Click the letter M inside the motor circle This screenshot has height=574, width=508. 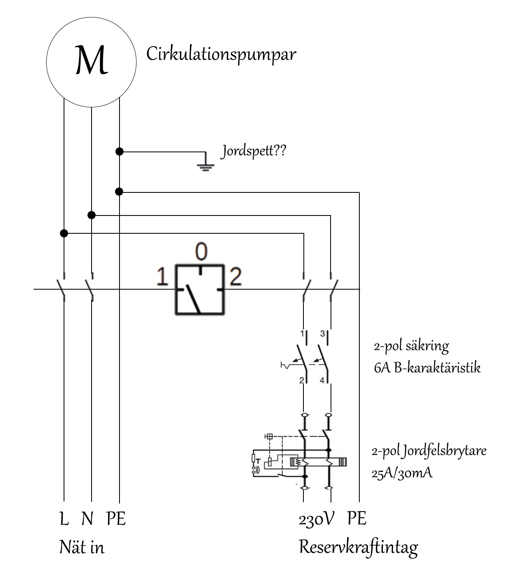pos(92,60)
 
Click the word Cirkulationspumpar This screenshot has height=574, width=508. pos(221,54)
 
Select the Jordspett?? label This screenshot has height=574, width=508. pos(254,152)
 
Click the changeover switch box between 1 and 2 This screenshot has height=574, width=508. pos(199,289)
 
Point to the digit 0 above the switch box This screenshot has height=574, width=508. pos(201,252)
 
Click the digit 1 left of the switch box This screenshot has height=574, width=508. pos(162,277)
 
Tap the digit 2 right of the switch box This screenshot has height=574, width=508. pos(235,277)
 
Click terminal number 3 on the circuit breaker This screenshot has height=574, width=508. pos(322,334)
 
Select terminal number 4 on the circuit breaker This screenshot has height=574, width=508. pos(322,380)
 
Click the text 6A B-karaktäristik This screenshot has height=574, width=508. pos(427,368)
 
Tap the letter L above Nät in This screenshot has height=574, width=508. pos(64,519)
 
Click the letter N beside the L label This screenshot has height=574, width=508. pos(87,519)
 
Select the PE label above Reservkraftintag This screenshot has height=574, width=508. pos(356,519)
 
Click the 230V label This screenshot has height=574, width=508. pos(316,519)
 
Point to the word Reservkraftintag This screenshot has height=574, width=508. pos(358,547)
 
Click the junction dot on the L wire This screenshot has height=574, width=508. pos(64,233)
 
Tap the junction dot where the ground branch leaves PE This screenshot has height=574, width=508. pos(119,152)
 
